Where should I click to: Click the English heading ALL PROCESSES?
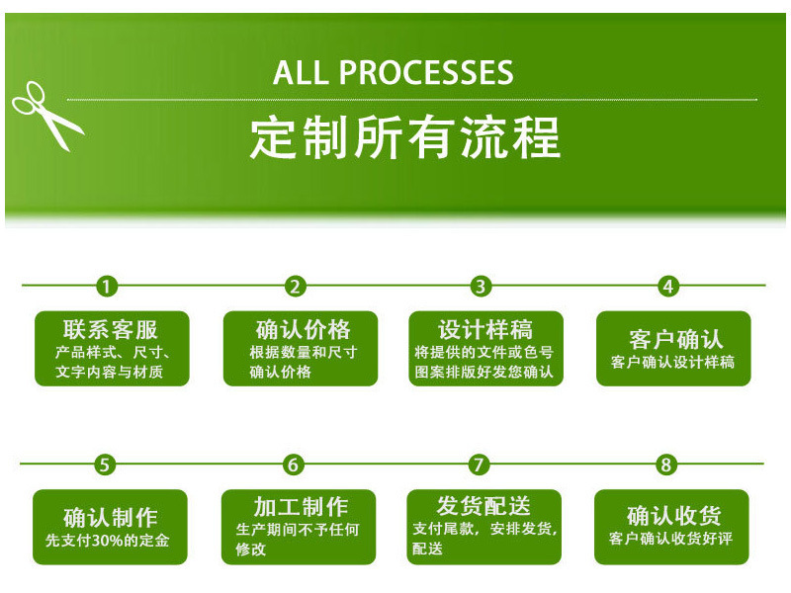(x=393, y=72)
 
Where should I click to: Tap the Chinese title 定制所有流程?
(x=404, y=138)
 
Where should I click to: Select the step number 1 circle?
(x=107, y=287)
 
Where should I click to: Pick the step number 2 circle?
(x=294, y=287)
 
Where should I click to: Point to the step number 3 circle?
(x=481, y=287)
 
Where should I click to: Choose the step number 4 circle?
(x=668, y=287)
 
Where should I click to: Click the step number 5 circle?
(x=105, y=465)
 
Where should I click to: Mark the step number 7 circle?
(x=479, y=465)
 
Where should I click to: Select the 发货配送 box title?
(x=483, y=505)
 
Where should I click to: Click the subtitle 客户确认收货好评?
(x=670, y=540)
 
